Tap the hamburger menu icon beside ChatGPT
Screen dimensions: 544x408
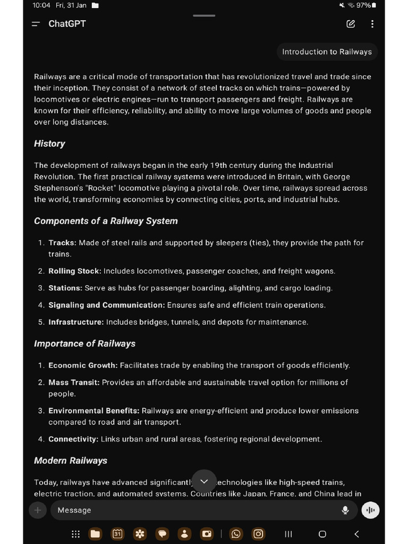tap(36, 24)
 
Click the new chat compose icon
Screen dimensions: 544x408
tap(351, 24)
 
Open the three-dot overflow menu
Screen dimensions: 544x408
tap(372, 24)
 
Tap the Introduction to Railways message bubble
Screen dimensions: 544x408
tap(327, 52)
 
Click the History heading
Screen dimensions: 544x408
tap(49, 143)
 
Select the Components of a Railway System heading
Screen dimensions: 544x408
tap(106, 221)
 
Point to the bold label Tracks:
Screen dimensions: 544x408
tap(62, 243)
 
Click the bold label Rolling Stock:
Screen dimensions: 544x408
tap(74, 271)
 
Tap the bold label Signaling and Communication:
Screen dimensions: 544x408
tap(106, 305)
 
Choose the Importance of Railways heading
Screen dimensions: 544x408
tap(84, 344)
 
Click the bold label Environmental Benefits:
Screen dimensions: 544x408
tap(93, 411)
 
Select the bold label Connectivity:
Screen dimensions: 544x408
tap(73, 439)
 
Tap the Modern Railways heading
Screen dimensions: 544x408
tap(71, 461)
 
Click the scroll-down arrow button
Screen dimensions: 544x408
tap(204, 481)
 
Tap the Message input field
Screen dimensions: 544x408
tap(191, 510)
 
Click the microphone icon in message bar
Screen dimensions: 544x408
tap(345, 510)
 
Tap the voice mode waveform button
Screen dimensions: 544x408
tap(370, 510)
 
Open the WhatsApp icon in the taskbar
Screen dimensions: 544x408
tap(236, 534)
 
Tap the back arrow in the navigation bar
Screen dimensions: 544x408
tap(356, 534)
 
